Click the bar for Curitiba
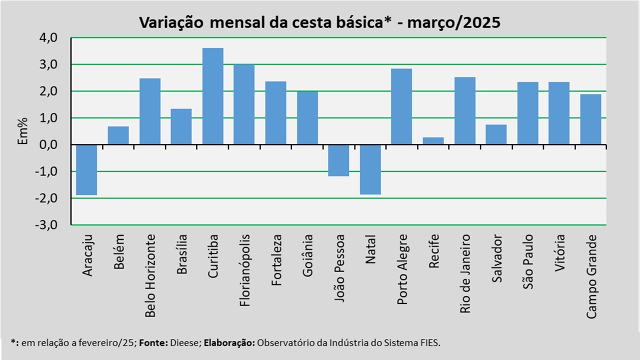(213, 96)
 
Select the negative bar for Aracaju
(87, 169)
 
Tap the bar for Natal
(370, 169)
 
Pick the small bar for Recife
(433, 141)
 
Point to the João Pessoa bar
(338, 160)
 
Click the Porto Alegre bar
(401, 106)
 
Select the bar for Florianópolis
(244, 104)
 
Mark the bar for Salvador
(496, 134)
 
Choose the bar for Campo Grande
(590, 119)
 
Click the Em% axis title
(23, 131)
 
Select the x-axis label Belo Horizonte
(150, 275)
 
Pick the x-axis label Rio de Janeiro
(465, 273)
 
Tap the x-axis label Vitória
(559, 253)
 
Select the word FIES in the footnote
(430, 343)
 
